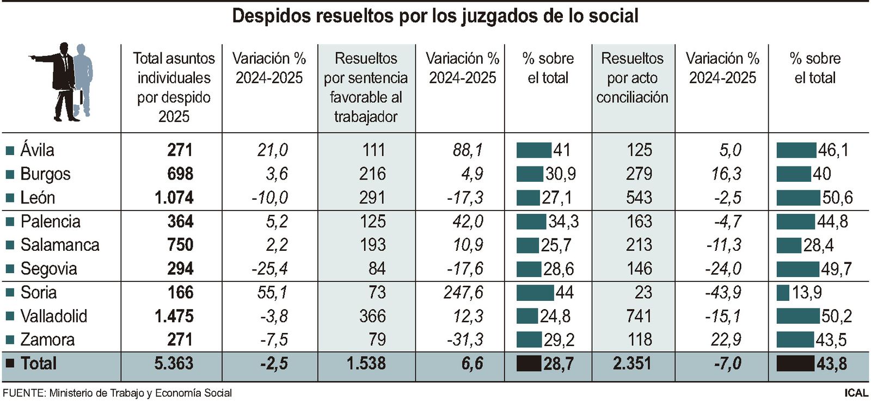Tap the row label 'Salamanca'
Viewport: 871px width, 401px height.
60,245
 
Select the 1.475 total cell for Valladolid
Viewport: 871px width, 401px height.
174,316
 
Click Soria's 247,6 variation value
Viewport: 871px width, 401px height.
463,292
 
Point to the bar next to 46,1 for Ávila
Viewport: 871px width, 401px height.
796,150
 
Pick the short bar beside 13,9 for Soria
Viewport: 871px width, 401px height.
782,292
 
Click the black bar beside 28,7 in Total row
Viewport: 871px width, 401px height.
528,363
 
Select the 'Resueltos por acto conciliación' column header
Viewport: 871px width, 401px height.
632,78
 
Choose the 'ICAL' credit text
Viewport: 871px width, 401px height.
856,393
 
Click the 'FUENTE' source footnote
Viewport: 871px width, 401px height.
117,393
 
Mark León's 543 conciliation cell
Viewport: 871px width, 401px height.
639,198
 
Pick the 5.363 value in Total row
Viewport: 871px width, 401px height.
174,363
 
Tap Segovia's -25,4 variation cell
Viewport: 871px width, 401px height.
269,269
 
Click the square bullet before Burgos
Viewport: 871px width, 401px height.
9,174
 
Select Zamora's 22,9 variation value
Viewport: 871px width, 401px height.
726,340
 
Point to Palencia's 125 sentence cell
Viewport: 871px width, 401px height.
372,221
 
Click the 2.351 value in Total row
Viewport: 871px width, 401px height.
632,363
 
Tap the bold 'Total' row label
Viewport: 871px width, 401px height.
38,363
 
